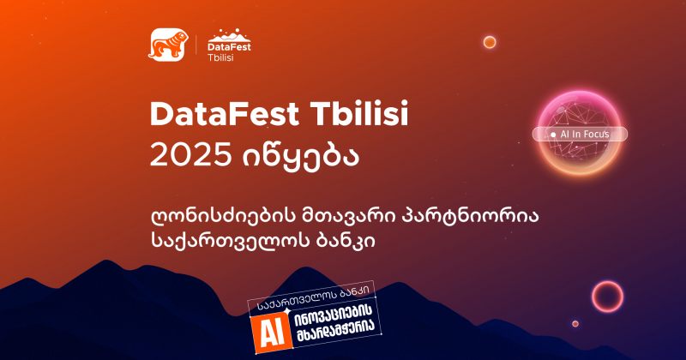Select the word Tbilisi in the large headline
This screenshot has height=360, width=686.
[348, 113]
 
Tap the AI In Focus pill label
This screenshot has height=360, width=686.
[582, 135]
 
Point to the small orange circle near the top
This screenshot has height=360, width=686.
[490, 41]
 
